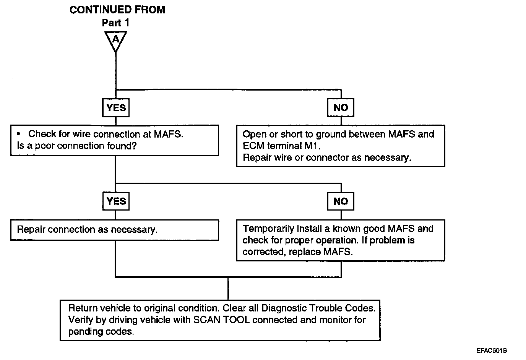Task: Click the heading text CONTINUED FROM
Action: tap(117, 10)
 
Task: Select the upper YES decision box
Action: tap(116, 107)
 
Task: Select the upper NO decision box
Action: tap(341, 107)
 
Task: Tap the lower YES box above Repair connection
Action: tap(116, 201)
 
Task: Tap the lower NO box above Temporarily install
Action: tap(341, 201)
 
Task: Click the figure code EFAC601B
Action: tap(492, 350)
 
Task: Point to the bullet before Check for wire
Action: tap(19, 134)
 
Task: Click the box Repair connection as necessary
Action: tap(115, 230)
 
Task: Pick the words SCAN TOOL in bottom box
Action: tap(221, 320)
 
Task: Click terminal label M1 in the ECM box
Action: tap(312, 146)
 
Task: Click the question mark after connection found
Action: tap(134, 146)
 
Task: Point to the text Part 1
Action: tap(115, 23)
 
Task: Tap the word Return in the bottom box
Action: tap(81, 308)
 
